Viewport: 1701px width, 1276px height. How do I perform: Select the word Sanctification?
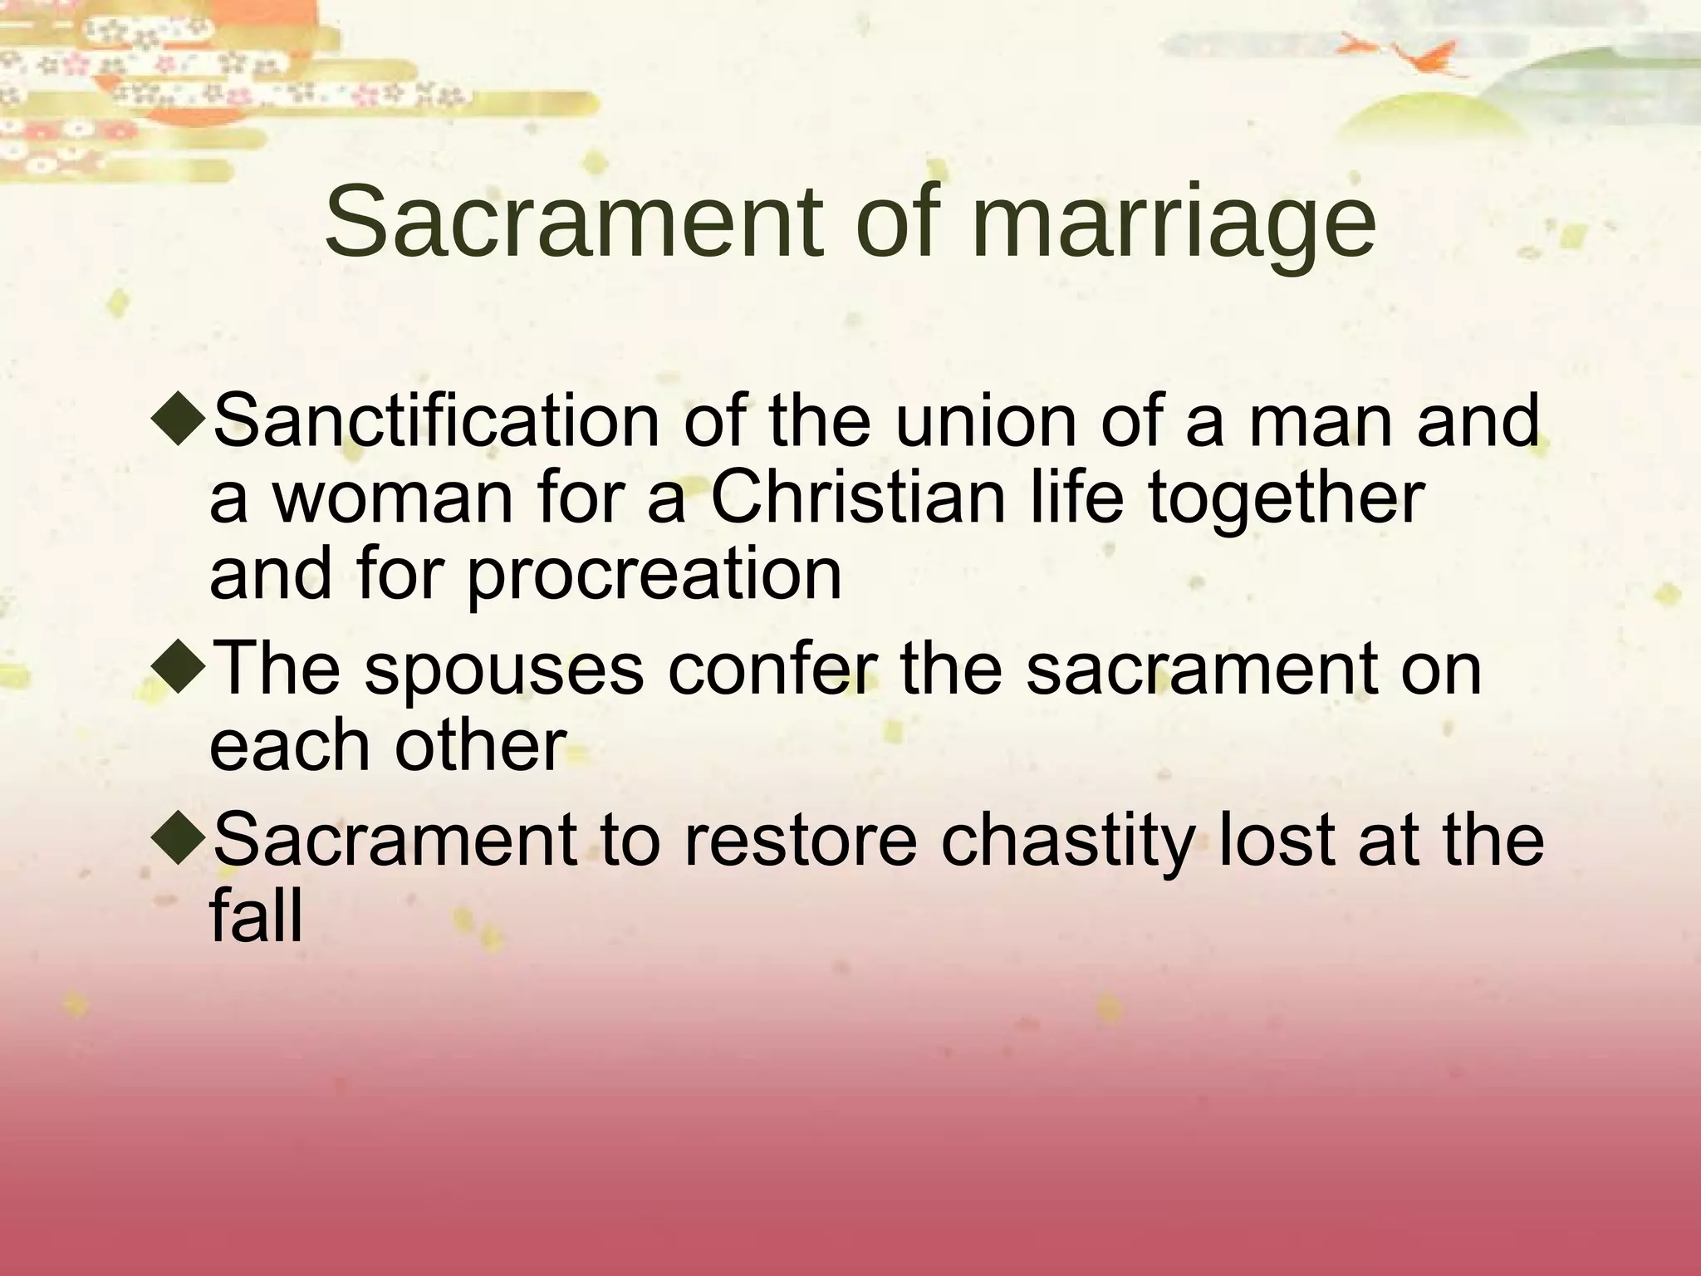436,422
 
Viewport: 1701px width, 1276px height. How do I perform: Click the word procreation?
654,575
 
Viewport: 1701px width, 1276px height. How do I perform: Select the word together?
1287,500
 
